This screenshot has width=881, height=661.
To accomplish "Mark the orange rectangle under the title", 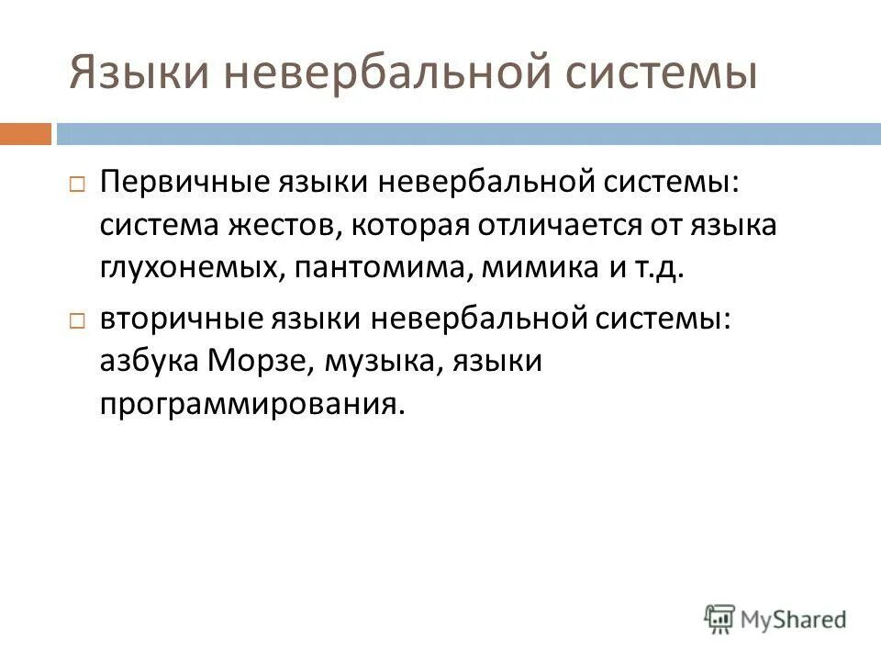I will click(x=25, y=134).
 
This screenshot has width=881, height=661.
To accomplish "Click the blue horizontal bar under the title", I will click(x=468, y=134).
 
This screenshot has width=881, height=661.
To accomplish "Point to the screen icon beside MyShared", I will click(x=720, y=617).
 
